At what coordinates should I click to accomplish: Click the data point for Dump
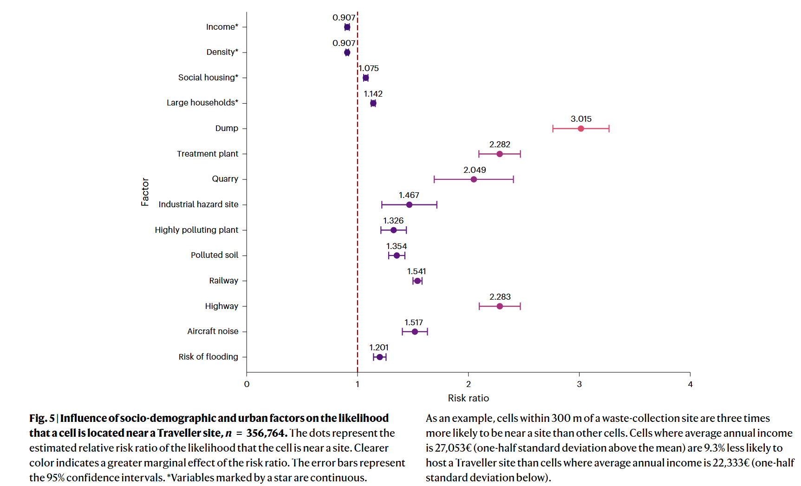(x=581, y=129)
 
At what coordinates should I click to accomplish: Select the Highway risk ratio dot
(x=500, y=306)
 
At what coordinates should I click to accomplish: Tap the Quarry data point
(x=474, y=179)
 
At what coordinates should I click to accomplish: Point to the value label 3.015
(x=581, y=119)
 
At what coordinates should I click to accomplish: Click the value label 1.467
(x=409, y=195)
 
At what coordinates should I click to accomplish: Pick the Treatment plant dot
(x=500, y=154)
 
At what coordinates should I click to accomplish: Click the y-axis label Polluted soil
(x=214, y=255)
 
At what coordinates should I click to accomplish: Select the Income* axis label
(x=222, y=27)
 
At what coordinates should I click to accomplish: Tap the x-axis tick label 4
(x=690, y=384)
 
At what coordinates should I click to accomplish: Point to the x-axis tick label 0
(x=247, y=384)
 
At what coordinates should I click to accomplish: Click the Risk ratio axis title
(x=468, y=398)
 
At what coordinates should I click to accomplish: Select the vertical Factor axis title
(x=145, y=191)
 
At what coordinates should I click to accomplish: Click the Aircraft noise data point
(x=415, y=332)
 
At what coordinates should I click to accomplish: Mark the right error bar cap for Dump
(x=609, y=129)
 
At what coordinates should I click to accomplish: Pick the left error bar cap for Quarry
(x=434, y=179)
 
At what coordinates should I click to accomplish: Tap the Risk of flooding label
(x=208, y=357)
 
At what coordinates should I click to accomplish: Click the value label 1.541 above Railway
(x=417, y=271)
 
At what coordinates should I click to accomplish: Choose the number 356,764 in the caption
(x=266, y=433)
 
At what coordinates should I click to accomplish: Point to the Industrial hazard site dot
(x=409, y=205)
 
